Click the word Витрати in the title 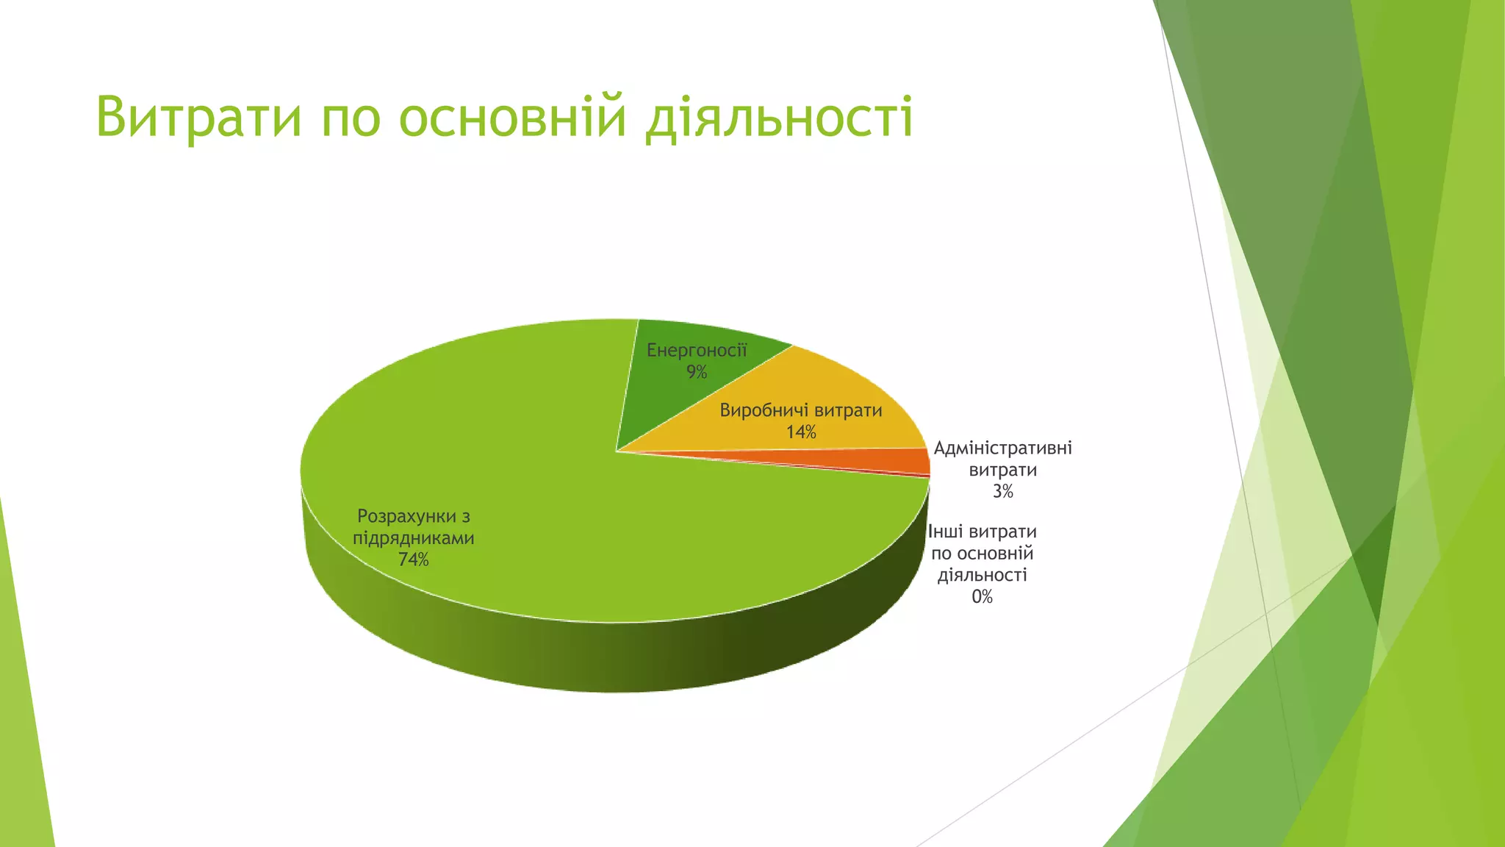198,116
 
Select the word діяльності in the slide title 778,118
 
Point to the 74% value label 414,560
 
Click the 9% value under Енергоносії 697,373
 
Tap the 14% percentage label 801,432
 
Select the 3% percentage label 1002,492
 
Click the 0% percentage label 982,597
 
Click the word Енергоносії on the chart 697,351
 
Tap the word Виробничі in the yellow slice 764,410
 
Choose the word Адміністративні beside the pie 1002,448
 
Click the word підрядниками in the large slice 414,538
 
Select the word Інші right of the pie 946,532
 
